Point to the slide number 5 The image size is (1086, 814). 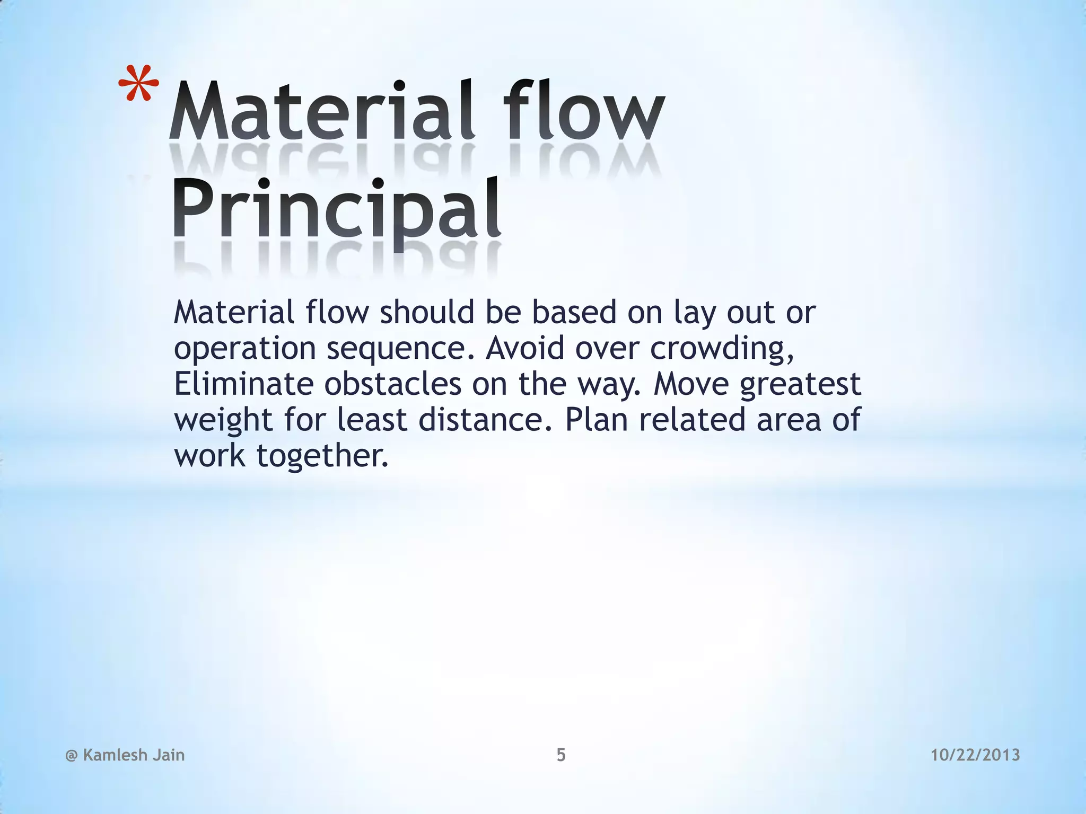click(561, 755)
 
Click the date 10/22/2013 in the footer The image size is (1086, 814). click(975, 755)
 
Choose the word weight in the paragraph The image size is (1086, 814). click(223, 421)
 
